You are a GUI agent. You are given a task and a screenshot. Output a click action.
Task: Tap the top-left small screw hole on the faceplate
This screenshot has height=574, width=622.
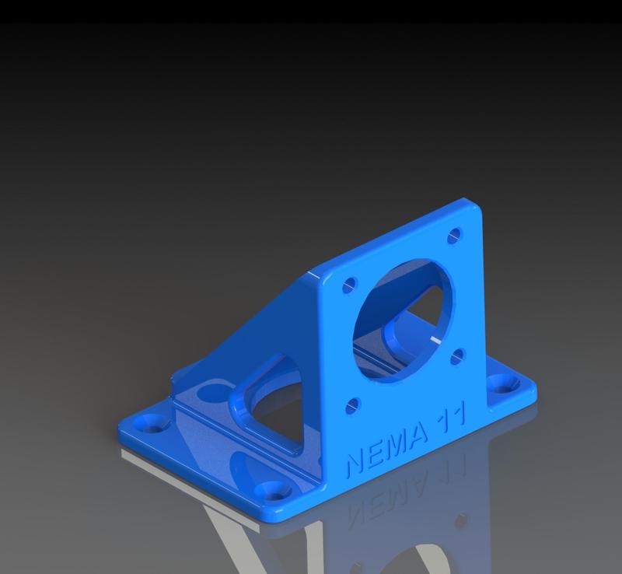(349, 285)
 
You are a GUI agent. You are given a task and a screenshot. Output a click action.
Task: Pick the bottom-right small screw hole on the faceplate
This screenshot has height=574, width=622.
(458, 355)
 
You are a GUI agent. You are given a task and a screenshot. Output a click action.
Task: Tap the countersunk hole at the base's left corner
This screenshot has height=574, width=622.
(147, 424)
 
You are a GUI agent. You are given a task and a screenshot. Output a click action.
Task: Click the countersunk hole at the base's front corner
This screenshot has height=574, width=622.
(274, 490)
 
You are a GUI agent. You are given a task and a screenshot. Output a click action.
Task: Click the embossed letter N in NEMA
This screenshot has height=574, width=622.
(355, 464)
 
